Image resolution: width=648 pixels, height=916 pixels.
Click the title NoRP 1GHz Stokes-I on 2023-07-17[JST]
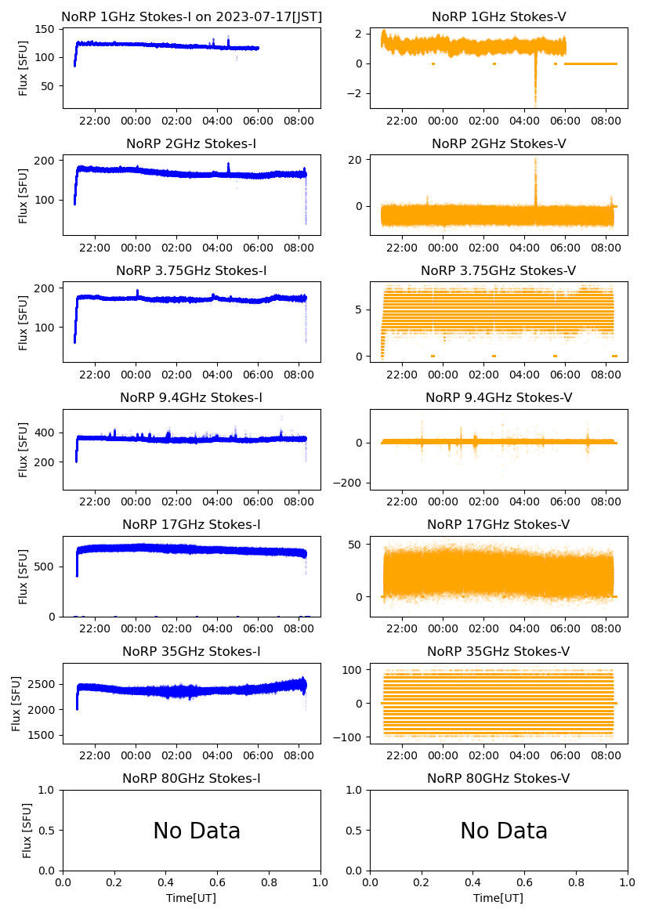point(191,17)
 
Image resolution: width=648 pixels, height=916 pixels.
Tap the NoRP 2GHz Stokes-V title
point(498,144)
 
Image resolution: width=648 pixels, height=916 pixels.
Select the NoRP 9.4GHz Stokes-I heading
point(191,398)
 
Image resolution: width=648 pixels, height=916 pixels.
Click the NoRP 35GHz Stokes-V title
point(498,652)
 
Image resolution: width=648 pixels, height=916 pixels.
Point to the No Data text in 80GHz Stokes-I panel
point(197,831)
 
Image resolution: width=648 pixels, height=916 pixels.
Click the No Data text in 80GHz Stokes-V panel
point(504,831)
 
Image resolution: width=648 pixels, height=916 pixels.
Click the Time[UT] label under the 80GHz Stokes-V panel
point(498,898)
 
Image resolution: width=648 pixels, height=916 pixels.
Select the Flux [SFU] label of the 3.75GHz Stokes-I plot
point(24,322)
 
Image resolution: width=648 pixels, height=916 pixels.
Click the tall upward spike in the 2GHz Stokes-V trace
point(536,168)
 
